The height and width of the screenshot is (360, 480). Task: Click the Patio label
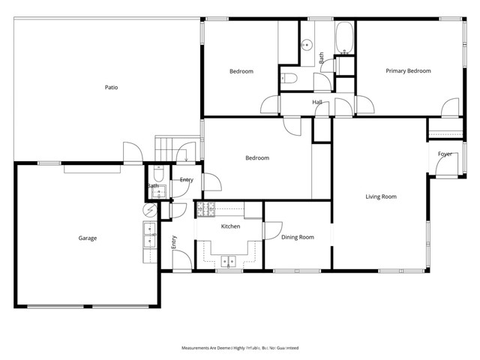[110, 88]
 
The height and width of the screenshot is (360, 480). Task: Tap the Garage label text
[87, 238]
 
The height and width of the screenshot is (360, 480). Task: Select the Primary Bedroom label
[408, 71]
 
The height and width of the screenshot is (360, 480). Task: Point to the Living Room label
[380, 197]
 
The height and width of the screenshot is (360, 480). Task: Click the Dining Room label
[297, 237]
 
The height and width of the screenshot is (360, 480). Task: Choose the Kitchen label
[229, 226]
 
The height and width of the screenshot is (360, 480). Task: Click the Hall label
[317, 103]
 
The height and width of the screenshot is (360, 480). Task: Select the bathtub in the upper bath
[344, 38]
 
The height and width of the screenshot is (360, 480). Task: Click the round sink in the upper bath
[306, 43]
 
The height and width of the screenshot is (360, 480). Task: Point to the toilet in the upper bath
[291, 77]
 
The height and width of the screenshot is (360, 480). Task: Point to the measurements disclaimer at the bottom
[240, 348]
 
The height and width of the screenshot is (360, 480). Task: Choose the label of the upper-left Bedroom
[241, 71]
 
